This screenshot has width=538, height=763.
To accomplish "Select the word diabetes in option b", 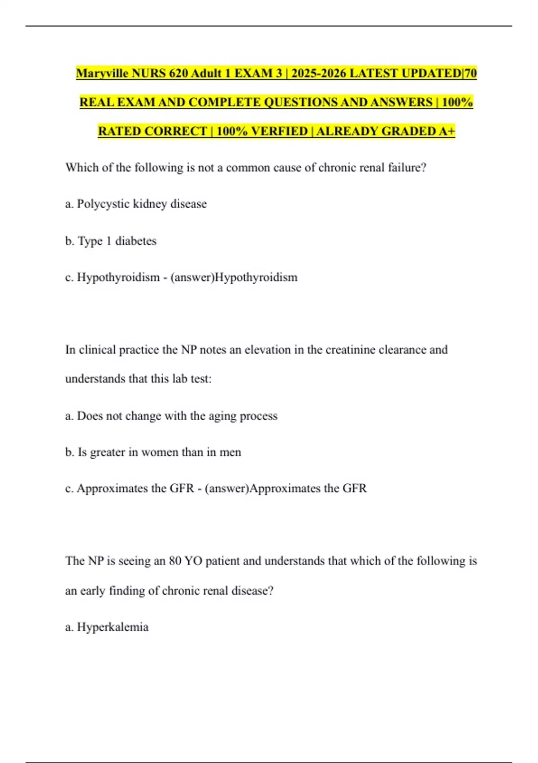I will [136, 241].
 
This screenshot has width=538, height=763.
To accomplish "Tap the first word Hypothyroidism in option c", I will [118, 277].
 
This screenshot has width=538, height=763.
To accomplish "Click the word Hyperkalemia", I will [113, 627].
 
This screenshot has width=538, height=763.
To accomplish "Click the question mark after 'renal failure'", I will [423, 168].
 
